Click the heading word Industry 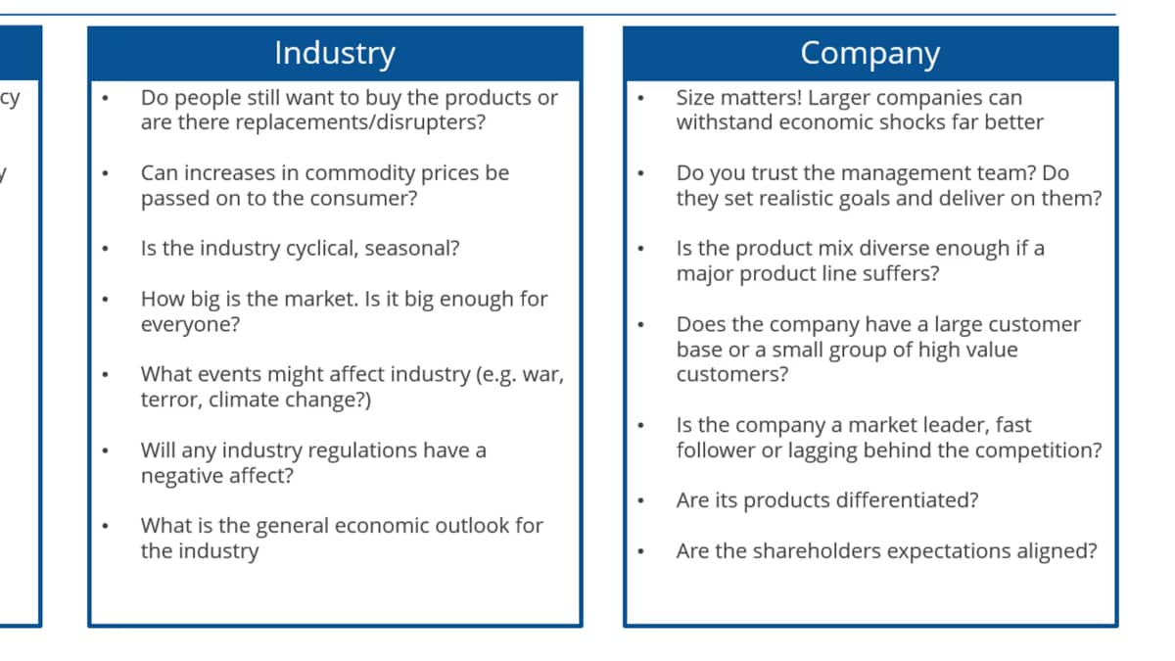(335, 54)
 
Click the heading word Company (870, 54)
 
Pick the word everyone (190, 325)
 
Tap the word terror (171, 400)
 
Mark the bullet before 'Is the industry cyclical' (106, 249)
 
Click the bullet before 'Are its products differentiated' (641, 501)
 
